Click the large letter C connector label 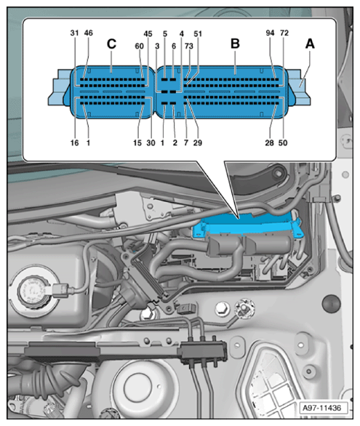click(112, 44)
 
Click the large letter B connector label click(235, 44)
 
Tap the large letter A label click(310, 44)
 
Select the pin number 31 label click(74, 33)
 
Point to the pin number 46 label click(89, 33)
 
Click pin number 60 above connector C click(140, 47)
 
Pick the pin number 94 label click(270, 33)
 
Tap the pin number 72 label click(284, 33)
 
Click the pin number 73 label click(189, 47)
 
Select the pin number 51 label click(198, 33)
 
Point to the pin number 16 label click(74, 142)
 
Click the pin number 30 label click(151, 142)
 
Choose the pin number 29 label click(198, 142)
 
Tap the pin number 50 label click(283, 142)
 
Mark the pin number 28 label click(270, 142)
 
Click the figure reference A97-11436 click(321, 408)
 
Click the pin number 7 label click(186, 142)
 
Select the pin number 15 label click(137, 142)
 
